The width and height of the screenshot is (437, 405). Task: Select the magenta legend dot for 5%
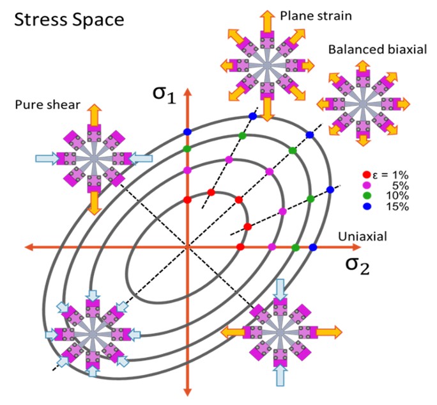pos(365,184)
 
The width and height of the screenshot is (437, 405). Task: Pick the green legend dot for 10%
pos(365,195)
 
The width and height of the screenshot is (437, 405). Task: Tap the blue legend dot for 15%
pos(365,206)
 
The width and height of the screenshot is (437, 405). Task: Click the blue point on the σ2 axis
pos(313,247)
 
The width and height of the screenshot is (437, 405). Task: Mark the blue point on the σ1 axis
pos(187,132)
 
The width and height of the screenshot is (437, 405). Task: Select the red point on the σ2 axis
pos(240,247)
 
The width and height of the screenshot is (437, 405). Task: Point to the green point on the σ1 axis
pos(187,148)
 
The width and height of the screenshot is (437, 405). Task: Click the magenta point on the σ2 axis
pos(272,247)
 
